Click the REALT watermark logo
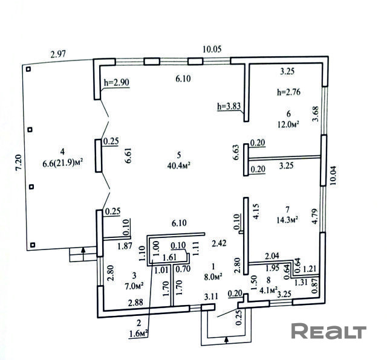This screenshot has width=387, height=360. point(328,331)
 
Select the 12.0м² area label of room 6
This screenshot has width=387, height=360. point(288,124)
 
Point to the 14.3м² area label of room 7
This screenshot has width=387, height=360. point(287,220)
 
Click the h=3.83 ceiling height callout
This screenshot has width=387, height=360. point(229,106)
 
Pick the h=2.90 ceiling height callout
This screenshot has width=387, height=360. point(117,83)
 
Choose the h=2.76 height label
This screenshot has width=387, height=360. point(288,92)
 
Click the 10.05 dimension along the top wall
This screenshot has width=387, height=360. point(212,49)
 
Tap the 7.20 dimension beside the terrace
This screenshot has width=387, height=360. point(19,162)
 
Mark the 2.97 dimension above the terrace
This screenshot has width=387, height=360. point(58,54)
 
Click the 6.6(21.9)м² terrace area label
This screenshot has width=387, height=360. point(62,164)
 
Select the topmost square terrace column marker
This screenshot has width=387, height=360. point(28,69)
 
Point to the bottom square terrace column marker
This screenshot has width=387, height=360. point(33,245)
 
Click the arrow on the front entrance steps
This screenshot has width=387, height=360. point(226,340)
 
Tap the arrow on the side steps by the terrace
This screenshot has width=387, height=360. point(83,253)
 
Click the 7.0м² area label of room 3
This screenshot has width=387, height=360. point(134,286)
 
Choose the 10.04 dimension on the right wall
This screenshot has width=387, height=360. point(333,176)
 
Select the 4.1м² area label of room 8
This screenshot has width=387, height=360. point(268,290)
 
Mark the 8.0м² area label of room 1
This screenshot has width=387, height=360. point(213,277)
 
